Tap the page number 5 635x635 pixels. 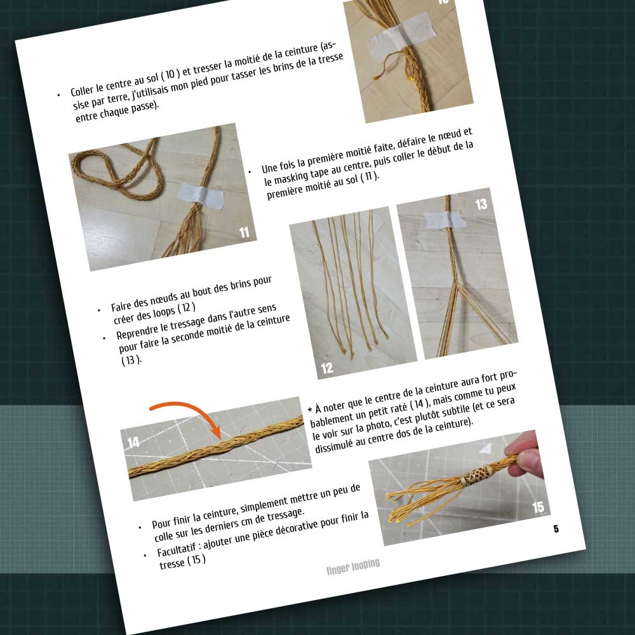point(556,528)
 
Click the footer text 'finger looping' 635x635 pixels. point(353,566)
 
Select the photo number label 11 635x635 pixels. point(244,232)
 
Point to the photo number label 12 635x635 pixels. point(327,368)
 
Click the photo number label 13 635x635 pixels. point(481,204)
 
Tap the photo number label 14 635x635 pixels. point(133,442)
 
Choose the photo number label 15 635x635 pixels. point(538,507)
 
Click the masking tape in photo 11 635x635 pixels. point(201,196)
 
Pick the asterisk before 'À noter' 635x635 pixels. point(311,410)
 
